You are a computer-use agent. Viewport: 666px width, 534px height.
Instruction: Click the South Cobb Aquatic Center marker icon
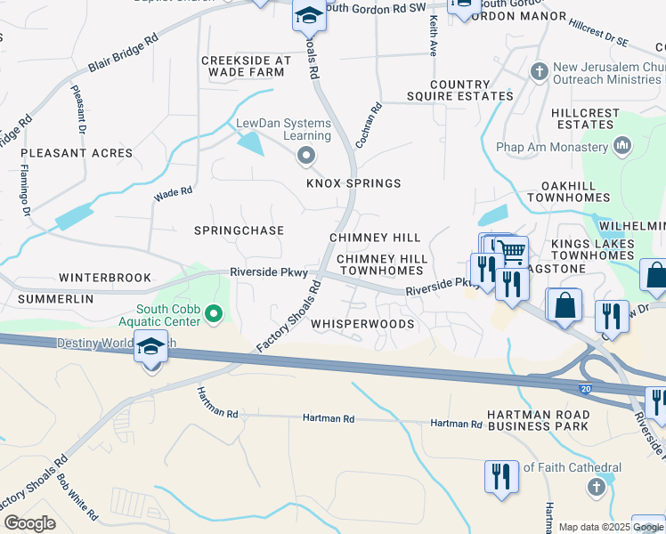click(214, 312)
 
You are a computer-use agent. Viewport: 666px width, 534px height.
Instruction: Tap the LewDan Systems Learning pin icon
click(307, 158)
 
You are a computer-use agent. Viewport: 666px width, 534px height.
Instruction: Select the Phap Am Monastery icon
click(623, 144)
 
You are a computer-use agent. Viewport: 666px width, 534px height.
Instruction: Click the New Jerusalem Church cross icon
click(538, 70)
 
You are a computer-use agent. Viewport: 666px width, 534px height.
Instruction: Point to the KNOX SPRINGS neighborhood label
click(353, 183)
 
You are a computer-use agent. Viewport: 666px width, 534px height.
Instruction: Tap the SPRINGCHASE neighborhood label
click(239, 231)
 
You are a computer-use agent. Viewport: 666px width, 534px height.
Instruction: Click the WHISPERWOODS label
click(362, 325)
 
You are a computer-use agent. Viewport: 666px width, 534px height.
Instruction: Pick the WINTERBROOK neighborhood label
click(105, 278)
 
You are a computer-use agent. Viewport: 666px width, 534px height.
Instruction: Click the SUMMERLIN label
click(54, 300)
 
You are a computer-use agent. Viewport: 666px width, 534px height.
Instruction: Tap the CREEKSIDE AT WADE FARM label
click(246, 68)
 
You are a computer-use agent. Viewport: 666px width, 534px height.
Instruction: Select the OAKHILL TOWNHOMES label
click(568, 191)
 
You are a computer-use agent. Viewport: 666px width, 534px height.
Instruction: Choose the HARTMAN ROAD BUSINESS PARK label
click(537, 421)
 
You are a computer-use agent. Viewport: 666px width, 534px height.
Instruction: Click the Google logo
click(30, 523)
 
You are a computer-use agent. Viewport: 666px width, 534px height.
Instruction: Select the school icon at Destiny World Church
click(150, 346)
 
